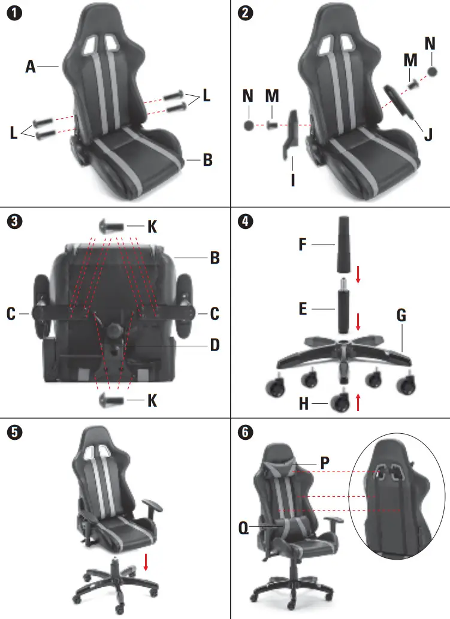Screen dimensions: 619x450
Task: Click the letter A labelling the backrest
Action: (x=31, y=68)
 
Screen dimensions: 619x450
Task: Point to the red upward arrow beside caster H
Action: (x=358, y=401)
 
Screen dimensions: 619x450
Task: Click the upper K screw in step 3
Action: (x=112, y=226)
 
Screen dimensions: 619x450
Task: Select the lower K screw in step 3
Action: (x=112, y=399)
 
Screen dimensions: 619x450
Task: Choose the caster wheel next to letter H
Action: (x=340, y=401)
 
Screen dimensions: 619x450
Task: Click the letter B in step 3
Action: (x=214, y=259)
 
